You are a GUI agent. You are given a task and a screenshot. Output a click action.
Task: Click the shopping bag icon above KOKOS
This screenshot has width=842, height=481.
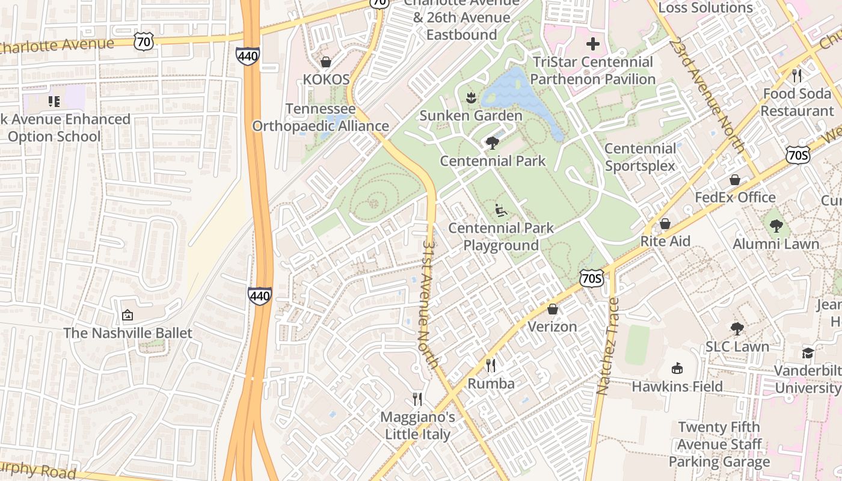coord(326,62)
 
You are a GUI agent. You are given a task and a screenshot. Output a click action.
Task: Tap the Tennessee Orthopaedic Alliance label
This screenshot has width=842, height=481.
coord(320,118)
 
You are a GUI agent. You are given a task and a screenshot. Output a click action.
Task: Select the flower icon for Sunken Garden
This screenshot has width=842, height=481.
coord(471,97)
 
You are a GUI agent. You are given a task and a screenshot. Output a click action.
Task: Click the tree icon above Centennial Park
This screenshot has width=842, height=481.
coord(493,142)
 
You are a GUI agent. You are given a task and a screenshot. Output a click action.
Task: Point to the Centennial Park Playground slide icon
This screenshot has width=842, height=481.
coord(500,210)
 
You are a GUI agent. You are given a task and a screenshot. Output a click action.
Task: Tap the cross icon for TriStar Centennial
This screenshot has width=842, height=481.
coord(593,44)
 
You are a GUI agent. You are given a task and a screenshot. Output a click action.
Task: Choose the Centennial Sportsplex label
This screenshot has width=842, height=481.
coord(640,157)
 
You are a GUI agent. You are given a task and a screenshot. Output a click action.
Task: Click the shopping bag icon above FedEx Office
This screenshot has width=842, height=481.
coord(734,180)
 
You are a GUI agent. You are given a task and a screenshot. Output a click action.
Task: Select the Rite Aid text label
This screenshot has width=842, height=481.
coord(665,241)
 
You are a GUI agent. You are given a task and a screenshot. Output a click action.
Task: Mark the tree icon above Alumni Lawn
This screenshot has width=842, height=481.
coord(776,226)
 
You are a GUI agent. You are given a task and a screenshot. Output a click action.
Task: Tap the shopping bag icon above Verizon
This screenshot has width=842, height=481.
coord(552,309)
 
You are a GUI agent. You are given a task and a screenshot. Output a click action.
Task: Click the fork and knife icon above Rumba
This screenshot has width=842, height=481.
coord(491,366)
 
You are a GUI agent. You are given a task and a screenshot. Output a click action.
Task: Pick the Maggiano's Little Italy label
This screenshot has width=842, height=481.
coord(417,425)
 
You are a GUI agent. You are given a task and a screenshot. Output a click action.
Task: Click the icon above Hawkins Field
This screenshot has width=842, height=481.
coord(677,368)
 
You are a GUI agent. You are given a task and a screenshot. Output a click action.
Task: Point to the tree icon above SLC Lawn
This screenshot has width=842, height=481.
coord(737,329)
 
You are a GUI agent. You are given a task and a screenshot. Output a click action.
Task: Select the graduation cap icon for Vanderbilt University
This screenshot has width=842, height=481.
coord(807,352)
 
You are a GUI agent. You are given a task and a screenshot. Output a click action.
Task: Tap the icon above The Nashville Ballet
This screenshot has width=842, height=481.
coord(128,315)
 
